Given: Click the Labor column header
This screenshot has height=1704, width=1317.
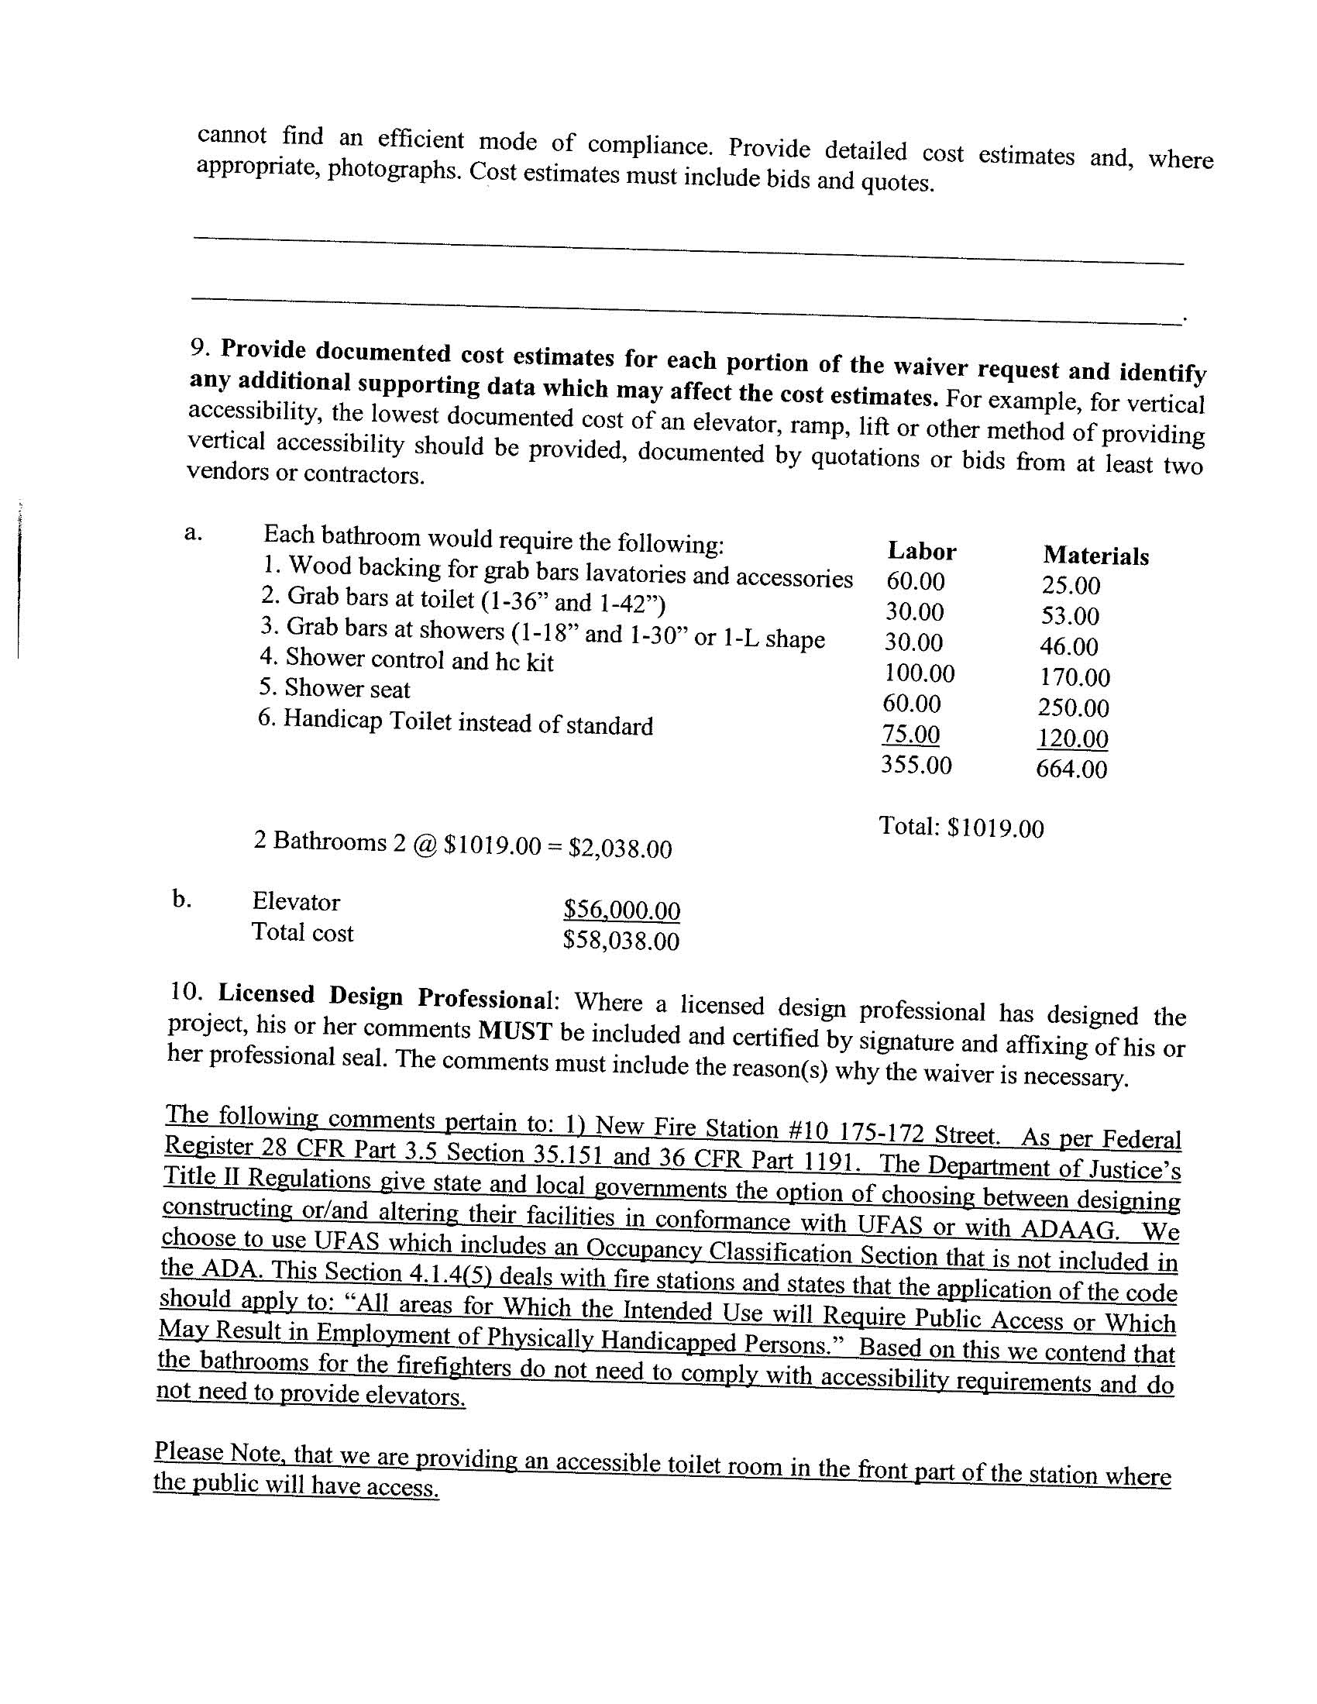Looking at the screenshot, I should pyautogui.click(x=921, y=552).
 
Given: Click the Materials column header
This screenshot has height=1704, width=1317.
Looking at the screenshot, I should pyautogui.click(x=1095, y=556).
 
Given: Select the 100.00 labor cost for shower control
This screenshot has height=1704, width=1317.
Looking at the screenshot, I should pyautogui.click(x=919, y=673).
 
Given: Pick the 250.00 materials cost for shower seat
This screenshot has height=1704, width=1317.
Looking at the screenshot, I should pyautogui.click(x=1073, y=707).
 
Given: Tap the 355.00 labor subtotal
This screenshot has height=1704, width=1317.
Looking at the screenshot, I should pyautogui.click(x=916, y=765).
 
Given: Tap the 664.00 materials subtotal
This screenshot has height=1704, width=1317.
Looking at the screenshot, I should pyautogui.click(x=1071, y=769).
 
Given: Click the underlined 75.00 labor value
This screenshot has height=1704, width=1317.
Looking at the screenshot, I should pyautogui.click(x=910, y=734).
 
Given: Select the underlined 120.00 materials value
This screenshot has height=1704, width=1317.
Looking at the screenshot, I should pyautogui.click(x=1073, y=738).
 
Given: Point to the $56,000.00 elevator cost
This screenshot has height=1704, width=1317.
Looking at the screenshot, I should pyautogui.click(x=622, y=910).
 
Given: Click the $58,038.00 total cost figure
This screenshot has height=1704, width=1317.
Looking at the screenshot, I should pyautogui.click(x=621, y=941).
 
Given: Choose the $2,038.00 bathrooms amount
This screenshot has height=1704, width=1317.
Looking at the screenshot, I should pyautogui.click(x=621, y=848).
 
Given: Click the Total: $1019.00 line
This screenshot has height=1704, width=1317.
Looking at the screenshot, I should pyautogui.click(x=961, y=827).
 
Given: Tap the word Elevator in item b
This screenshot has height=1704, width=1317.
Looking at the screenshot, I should pyautogui.click(x=296, y=902).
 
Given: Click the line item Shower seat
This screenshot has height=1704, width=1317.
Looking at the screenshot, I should pyautogui.click(x=335, y=688).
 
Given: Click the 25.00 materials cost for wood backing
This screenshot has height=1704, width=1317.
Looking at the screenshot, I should pyautogui.click(x=1071, y=585).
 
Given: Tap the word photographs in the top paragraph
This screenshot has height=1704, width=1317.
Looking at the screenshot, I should pyautogui.click(x=395, y=169).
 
